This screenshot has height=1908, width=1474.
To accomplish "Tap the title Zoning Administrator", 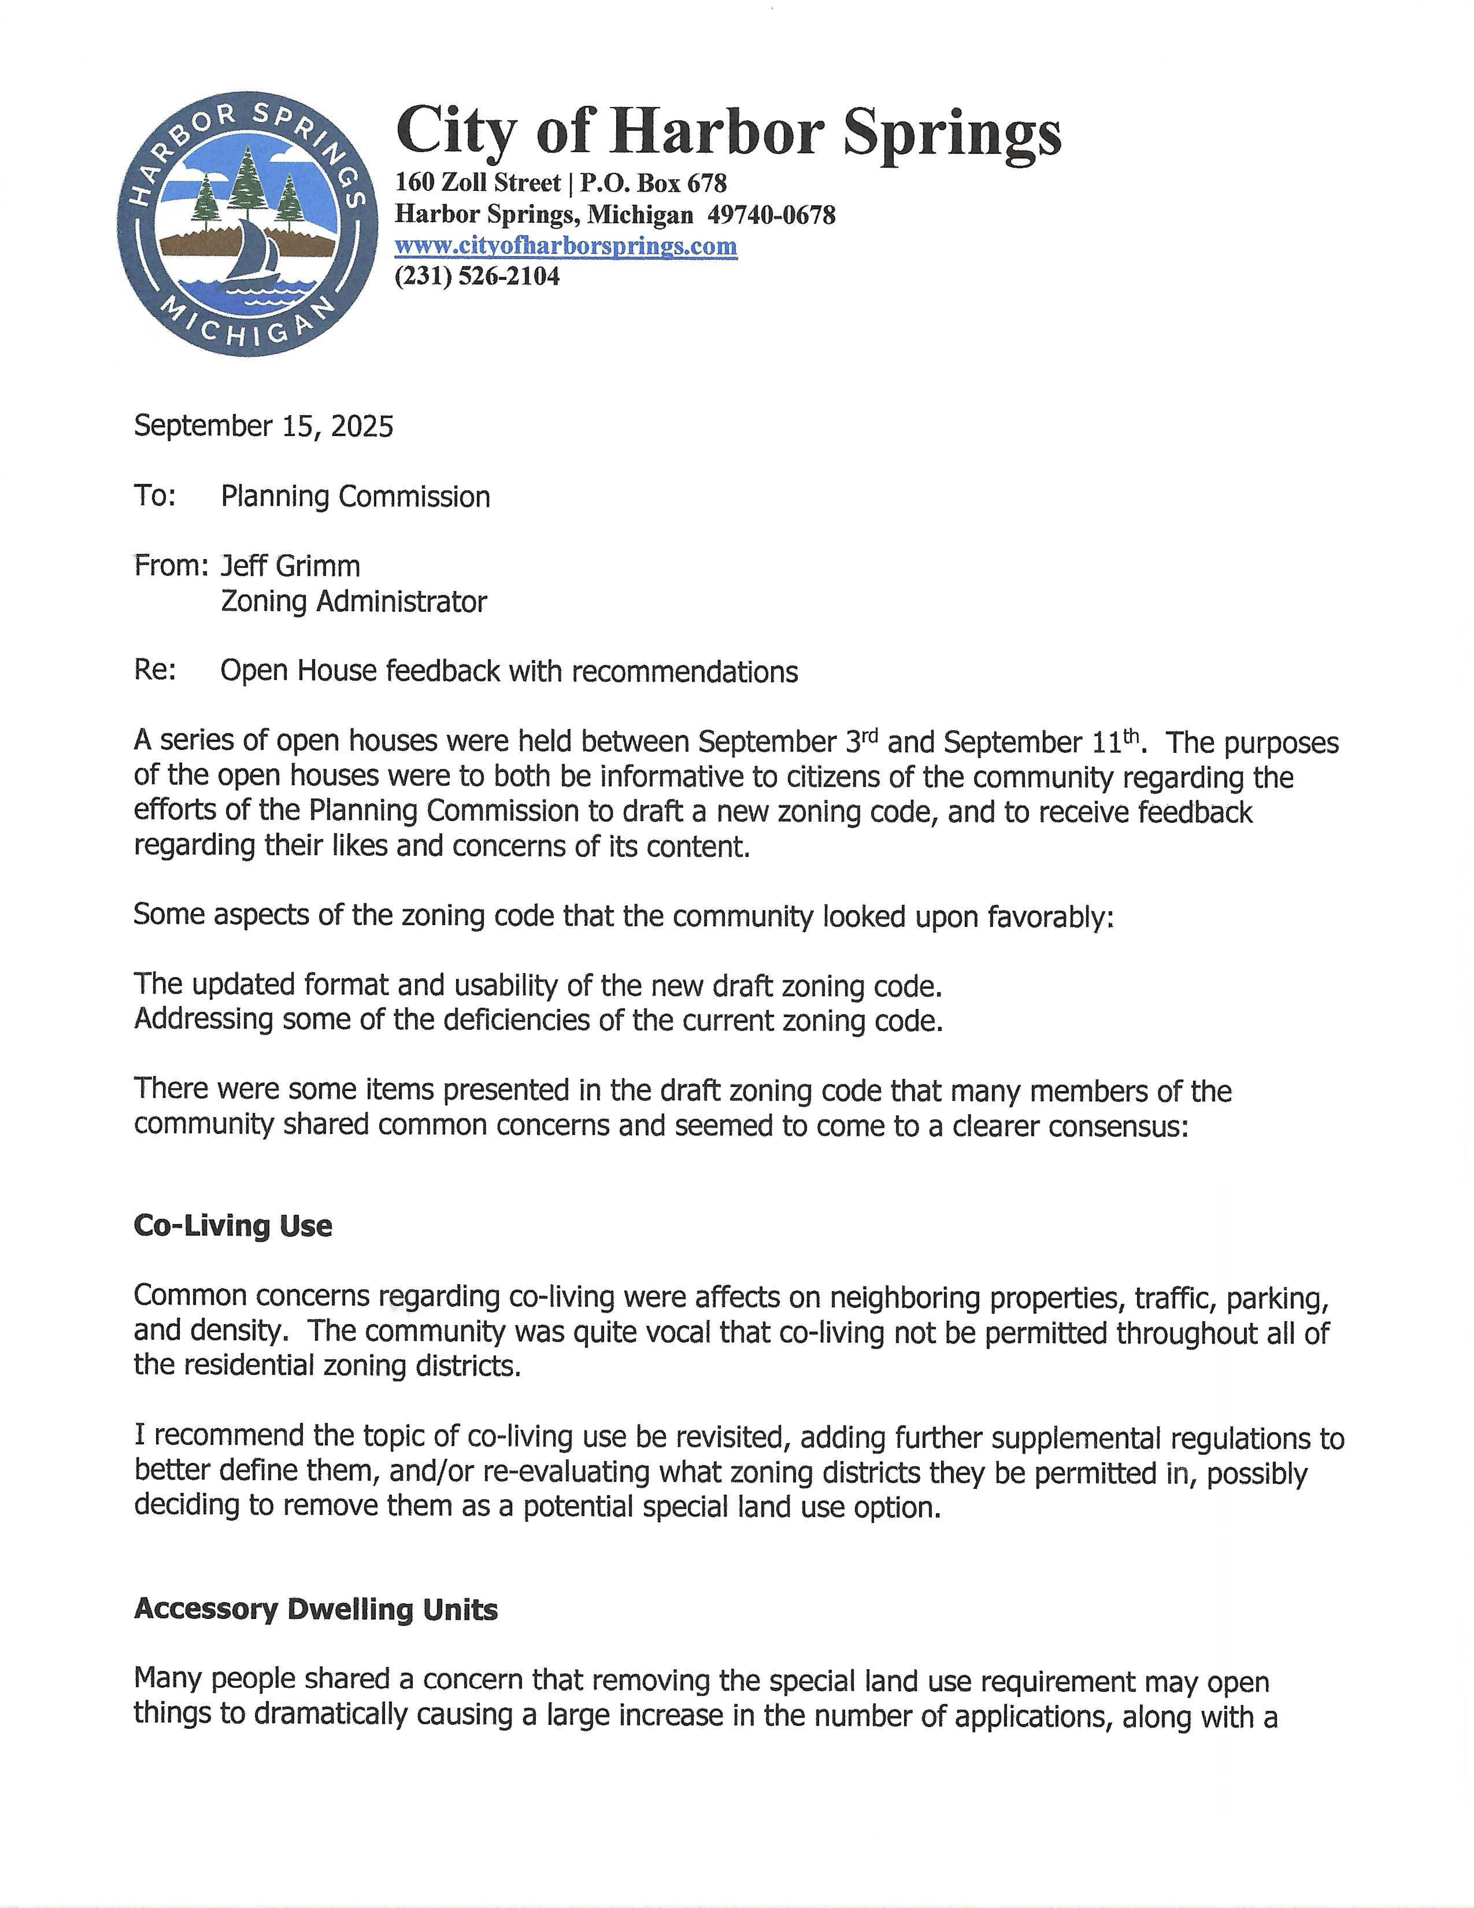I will point(354,602).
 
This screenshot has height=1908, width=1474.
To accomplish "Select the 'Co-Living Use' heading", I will point(232,1226).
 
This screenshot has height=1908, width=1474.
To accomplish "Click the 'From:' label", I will point(170,566).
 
